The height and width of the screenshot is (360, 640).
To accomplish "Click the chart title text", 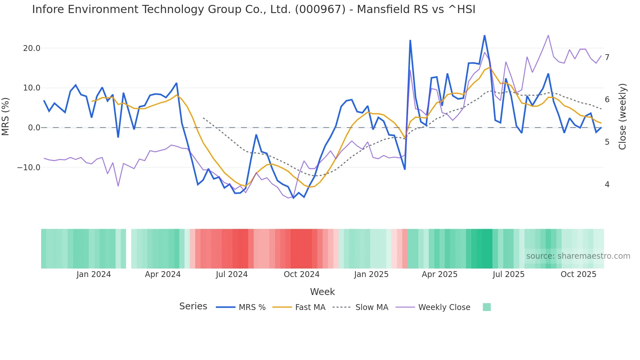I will click(253, 9).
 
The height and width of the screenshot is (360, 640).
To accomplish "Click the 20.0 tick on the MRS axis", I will click(31, 48).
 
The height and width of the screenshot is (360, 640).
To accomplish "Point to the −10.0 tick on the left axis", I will click(29, 168).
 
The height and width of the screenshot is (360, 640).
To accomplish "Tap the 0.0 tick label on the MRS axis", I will click(34, 128).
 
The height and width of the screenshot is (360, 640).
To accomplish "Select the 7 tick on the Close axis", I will click(607, 57).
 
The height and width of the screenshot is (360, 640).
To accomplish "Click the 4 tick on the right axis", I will click(607, 185).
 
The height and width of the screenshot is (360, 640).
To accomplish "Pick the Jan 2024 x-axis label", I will click(94, 274).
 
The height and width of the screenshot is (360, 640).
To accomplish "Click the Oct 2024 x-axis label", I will click(301, 274).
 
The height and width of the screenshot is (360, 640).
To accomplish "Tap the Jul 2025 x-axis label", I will click(508, 274).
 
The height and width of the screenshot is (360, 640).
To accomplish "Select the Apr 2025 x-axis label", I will click(440, 274).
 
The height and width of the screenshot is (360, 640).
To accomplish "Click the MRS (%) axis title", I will click(6, 116).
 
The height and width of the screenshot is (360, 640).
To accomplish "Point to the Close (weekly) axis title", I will click(622, 116).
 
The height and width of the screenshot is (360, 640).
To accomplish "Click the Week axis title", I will click(322, 292).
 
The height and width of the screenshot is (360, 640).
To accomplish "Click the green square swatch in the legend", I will click(487, 307).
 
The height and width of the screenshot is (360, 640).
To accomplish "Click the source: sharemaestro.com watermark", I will click(578, 256).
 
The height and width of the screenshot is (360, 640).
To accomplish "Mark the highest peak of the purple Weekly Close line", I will click(548, 35).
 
